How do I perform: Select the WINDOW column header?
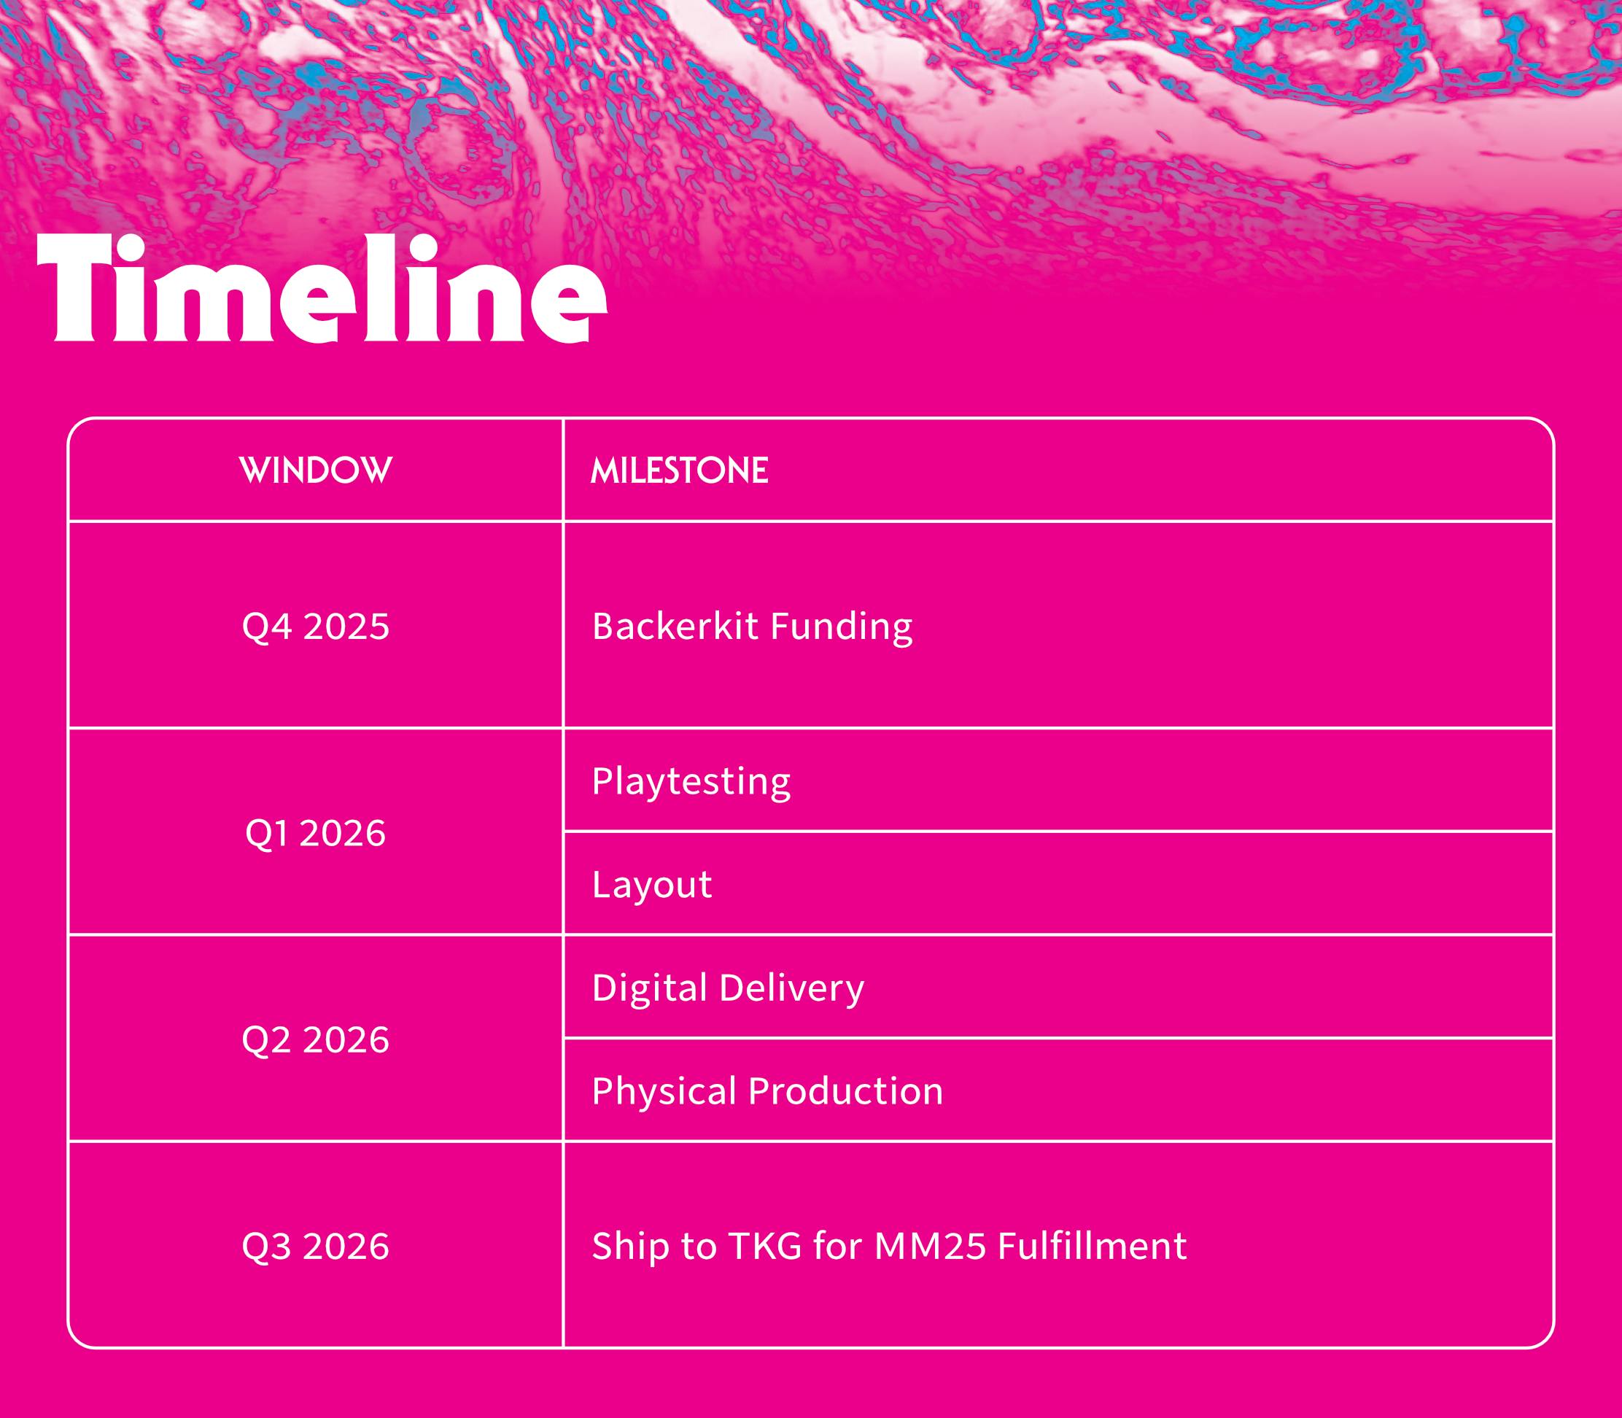click(x=315, y=470)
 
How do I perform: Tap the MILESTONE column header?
click(x=680, y=470)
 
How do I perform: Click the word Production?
click(x=846, y=1090)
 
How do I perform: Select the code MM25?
click(x=931, y=1247)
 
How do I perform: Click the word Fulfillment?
click(x=1093, y=1247)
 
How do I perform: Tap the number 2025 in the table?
click(x=346, y=627)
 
